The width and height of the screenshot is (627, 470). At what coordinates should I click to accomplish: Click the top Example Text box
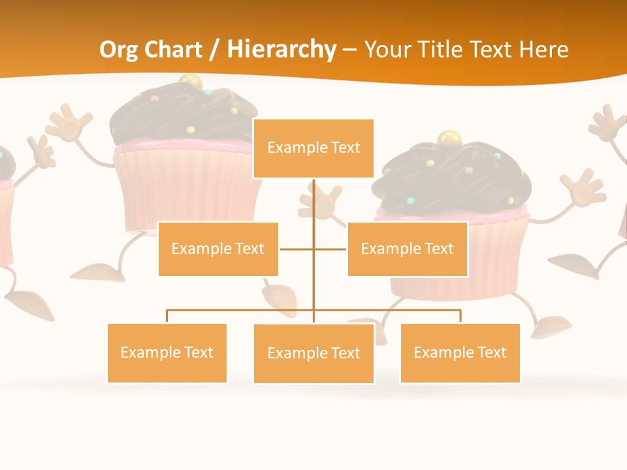tap(313, 148)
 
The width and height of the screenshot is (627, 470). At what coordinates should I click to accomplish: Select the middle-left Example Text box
tap(218, 249)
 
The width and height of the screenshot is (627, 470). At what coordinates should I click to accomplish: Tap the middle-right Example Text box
tap(407, 249)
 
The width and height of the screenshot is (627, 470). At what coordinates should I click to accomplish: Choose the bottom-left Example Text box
tap(167, 352)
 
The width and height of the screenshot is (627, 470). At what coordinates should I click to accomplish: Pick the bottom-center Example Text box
tap(313, 353)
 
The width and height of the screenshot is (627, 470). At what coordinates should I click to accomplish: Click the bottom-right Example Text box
tap(460, 352)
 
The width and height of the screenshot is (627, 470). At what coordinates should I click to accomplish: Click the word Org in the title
tap(118, 50)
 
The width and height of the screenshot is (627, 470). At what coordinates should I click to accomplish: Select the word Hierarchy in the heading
tap(281, 50)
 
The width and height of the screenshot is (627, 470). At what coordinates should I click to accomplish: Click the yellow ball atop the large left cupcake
tap(190, 82)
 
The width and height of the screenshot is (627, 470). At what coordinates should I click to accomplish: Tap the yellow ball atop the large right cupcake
tap(449, 138)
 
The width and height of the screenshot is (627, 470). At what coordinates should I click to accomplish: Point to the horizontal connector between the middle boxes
tap(297, 249)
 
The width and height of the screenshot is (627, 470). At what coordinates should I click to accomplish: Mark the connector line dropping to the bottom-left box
tap(167, 316)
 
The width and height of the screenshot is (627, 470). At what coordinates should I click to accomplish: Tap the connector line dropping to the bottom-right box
tap(460, 316)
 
